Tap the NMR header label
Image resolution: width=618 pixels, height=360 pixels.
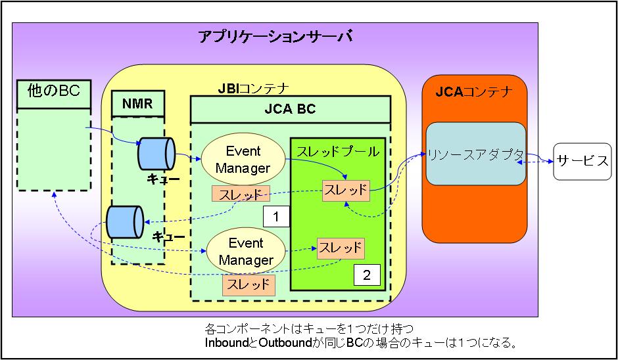(137, 103)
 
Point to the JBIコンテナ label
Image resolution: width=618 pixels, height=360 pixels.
(253, 87)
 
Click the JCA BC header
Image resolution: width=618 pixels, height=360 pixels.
(289, 109)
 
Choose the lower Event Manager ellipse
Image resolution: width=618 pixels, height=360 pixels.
(245, 252)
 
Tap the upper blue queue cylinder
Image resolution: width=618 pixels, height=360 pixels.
(156, 154)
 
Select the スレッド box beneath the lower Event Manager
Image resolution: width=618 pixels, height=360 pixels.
(248, 284)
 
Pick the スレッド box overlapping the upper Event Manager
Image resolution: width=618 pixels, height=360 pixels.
(241, 194)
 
